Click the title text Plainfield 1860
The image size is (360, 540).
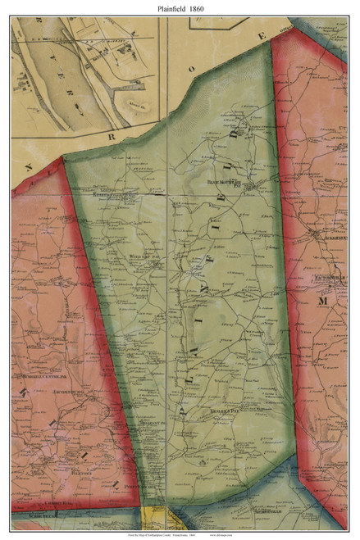(180, 7)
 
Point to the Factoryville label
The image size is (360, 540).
(326, 278)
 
